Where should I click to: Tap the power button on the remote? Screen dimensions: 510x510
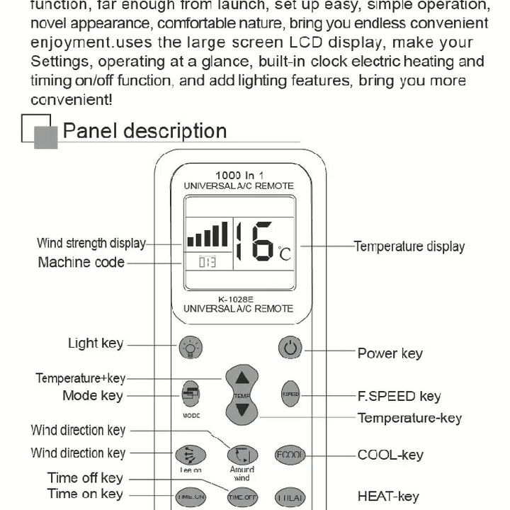coord(290,348)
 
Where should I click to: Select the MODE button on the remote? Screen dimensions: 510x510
coord(191,395)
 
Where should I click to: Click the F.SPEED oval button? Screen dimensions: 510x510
coord(290,395)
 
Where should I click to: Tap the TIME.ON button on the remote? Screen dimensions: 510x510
coord(191,497)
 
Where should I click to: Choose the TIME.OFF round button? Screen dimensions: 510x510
coord(241,497)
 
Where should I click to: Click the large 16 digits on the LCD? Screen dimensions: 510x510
coord(253,242)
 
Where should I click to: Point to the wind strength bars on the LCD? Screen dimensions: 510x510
coord(208,235)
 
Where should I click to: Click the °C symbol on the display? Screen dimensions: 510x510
coord(284,253)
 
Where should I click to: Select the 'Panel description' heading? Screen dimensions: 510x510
coord(144,131)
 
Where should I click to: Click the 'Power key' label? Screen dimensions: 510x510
coord(390,353)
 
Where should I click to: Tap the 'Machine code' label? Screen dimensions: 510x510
coord(81,262)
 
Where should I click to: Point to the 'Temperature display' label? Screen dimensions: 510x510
coord(409,246)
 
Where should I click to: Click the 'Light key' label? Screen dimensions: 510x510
coord(95,344)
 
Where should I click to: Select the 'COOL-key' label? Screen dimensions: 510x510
coord(390,455)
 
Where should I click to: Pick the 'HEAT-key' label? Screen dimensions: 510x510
coord(387,497)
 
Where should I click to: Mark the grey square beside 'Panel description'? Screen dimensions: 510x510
coord(45,137)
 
